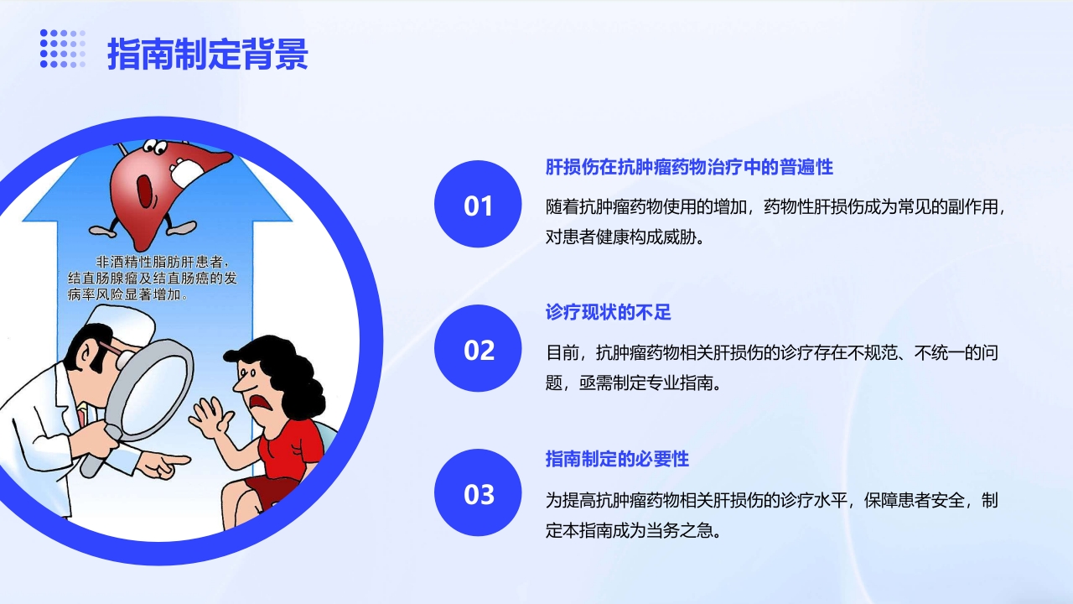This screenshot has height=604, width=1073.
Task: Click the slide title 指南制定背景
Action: coord(207,53)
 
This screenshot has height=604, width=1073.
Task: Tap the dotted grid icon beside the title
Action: coord(62,49)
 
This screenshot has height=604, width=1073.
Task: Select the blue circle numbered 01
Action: coord(478,205)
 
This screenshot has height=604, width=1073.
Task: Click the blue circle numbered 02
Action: coord(478,349)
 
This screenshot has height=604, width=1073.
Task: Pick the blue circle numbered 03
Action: coord(478,493)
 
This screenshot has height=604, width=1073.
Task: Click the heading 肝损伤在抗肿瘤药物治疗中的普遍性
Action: coord(688,167)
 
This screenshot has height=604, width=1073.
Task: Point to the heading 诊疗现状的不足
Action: coord(608,313)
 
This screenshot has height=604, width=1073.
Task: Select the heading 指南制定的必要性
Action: coord(616,459)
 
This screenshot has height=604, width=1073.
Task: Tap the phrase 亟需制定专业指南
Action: coord(649,383)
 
